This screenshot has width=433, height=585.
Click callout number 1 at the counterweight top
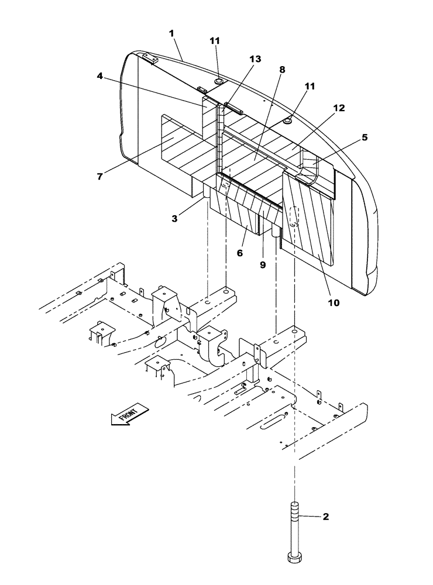[172, 33]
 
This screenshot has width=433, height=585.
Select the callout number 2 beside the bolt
[325, 517]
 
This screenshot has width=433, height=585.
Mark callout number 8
[282, 70]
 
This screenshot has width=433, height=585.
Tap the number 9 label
[263, 264]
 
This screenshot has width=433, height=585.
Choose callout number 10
[333, 302]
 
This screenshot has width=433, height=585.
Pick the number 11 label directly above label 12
[310, 86]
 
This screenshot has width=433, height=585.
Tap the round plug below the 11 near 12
[288, 120]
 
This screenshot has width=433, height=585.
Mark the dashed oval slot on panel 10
[295, 216]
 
